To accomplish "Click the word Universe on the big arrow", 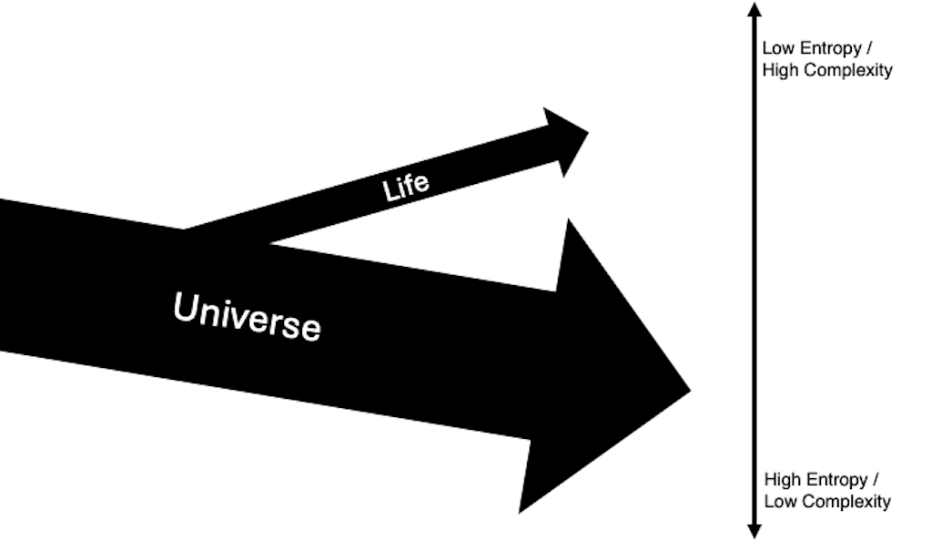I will point(248,315).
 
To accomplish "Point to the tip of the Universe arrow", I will point(686,390).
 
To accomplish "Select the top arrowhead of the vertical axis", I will point(754,11).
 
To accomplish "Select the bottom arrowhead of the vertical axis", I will point(754,529).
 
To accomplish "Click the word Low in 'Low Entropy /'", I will point(775,48).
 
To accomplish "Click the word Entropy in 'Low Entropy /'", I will point(826,49).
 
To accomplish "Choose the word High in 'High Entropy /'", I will point(781,480).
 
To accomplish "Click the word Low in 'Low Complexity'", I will point(778,502).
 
